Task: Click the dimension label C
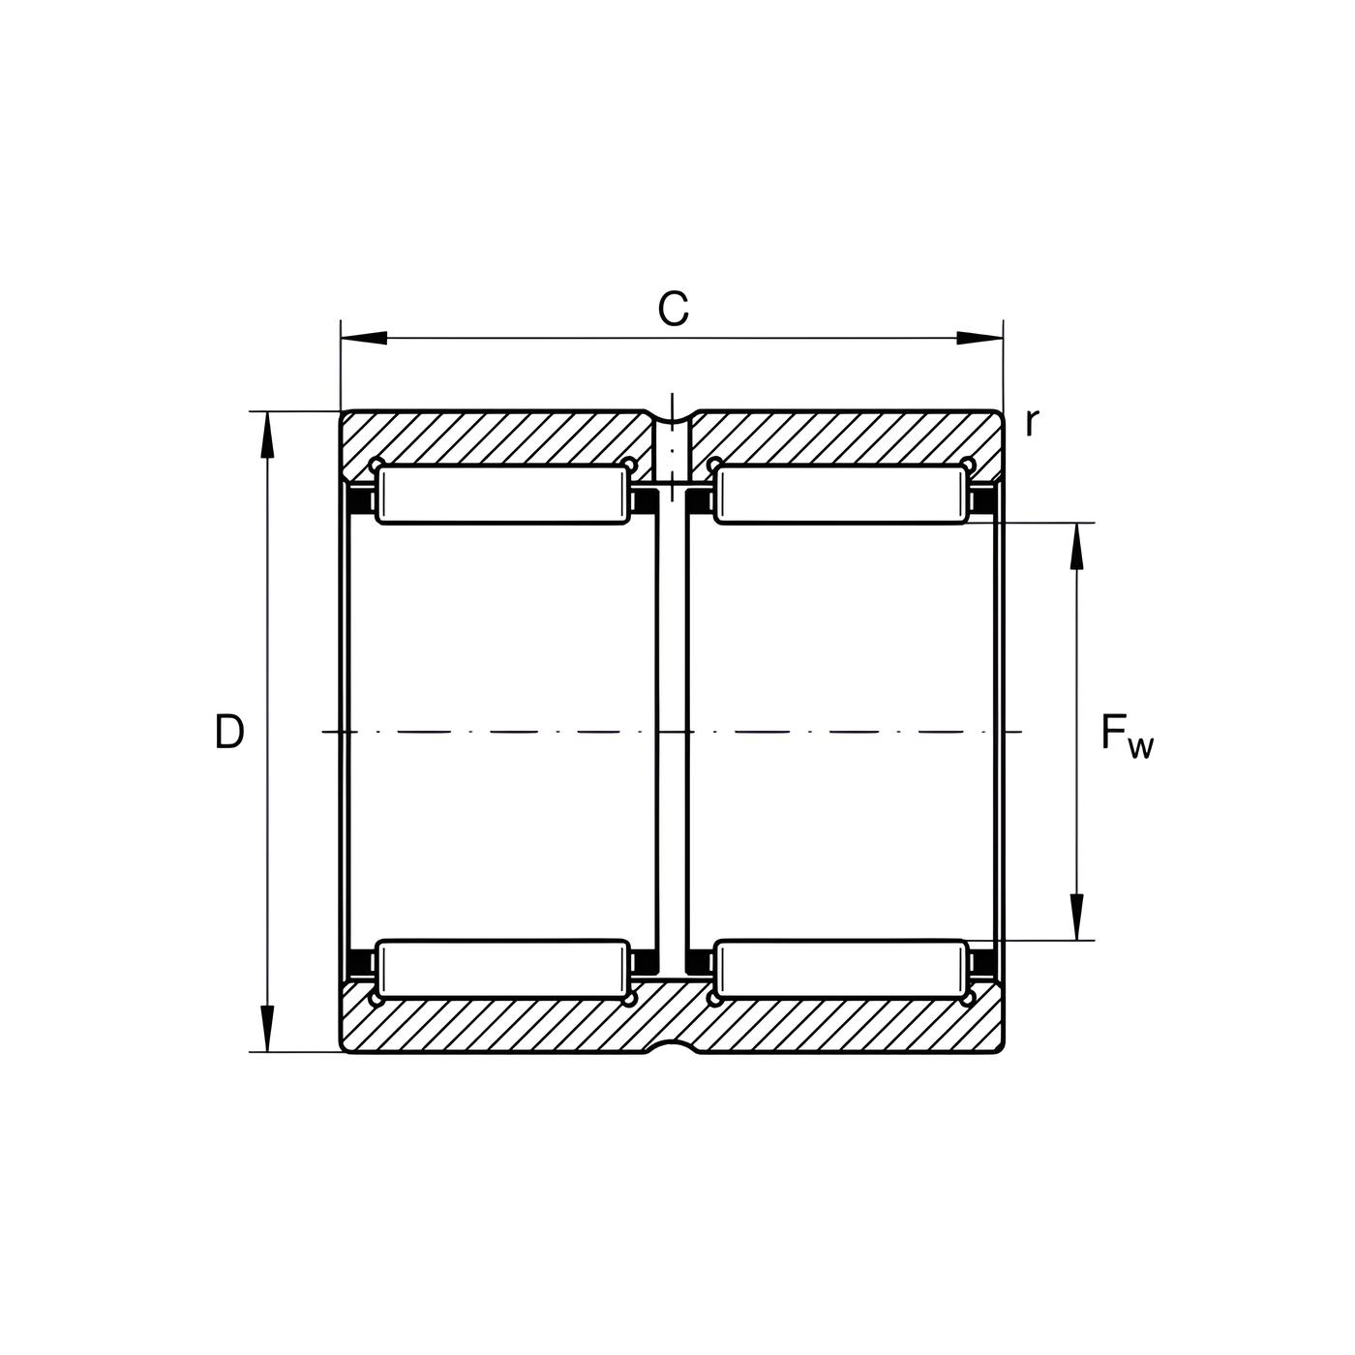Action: pos(673,308)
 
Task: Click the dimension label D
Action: pos(229,732)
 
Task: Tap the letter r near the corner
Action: pos(1032,422)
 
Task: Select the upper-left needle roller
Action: pos(502,495)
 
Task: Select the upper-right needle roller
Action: pos(841,495)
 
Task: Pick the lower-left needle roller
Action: pos(502,969)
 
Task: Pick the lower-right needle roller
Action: pos(841,969)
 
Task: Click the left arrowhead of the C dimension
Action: pos(364,338)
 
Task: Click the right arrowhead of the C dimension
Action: pos(979,338)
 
